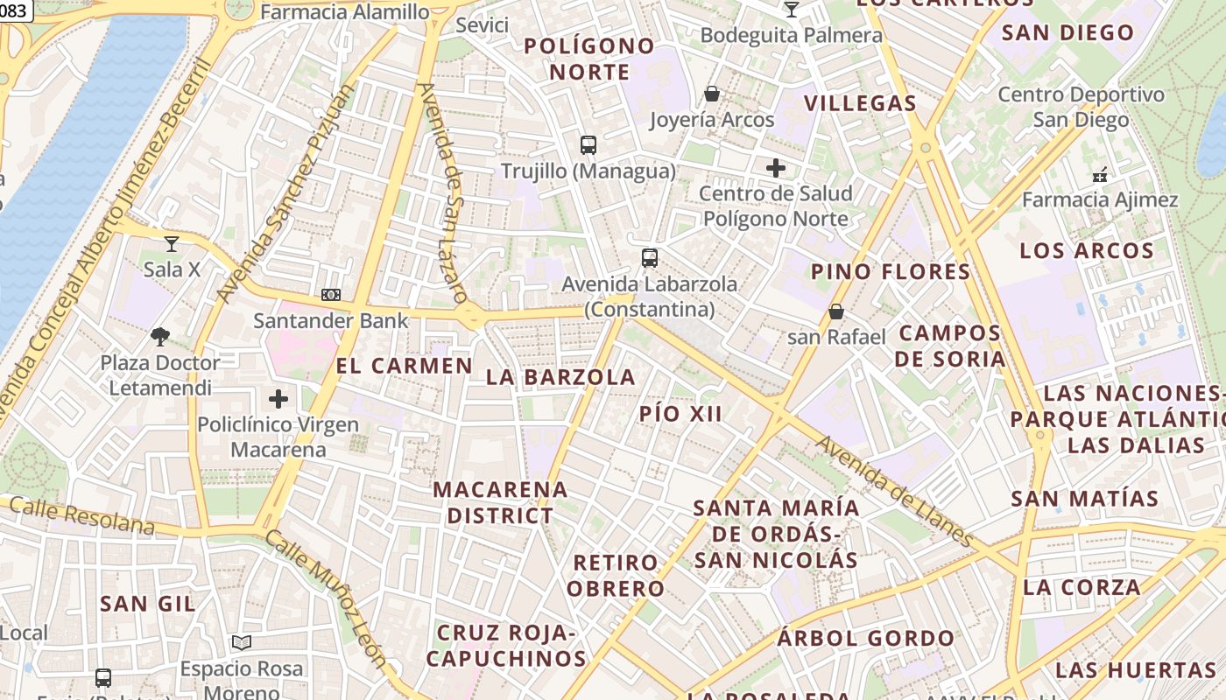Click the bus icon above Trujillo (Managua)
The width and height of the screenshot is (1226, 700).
pyautogui.click(x=588, y=145)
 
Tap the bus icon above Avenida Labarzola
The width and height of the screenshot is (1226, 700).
pyautogui.click(x=649, y=258)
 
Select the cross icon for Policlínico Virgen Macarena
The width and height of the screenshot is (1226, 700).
pyautogui.click(x=278, y=400)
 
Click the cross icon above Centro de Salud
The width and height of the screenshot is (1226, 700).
pyautogui.click(x=775, y=168)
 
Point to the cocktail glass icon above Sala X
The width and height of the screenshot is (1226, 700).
pyautogui.click(x=172, y=243)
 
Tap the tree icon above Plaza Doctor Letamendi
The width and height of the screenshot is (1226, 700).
pyautogui.click(x=160, y=337)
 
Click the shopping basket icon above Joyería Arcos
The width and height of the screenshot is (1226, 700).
pyautogui.click(x=712, y=94)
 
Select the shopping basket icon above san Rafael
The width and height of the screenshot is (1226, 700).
pyautogui.click(x=836, y=311)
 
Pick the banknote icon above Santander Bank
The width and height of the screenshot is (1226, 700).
pyautogui.click(x=331, y=295)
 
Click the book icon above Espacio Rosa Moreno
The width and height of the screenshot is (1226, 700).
pyautogui.click(x=242, y=643)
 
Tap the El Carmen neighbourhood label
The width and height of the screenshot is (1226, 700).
pyautogui.click(x=405, y=366)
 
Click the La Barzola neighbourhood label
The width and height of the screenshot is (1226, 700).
pyautogui.click(x=560, y=377)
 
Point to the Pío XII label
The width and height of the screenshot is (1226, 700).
pyautogui.click(x=680, y=414)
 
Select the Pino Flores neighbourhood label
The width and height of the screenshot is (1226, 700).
pyautogui.click(x=891, y=271)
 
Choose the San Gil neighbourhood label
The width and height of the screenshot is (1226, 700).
pyautogui.click(x=147, y=604)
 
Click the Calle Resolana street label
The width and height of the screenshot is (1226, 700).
pyautogui.click(x=82, y=517)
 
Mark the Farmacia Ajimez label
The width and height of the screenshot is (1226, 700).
pyautogui.click(x=1100, y=199)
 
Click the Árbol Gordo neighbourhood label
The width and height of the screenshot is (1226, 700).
pyautogui.click(x=865, y=638)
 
